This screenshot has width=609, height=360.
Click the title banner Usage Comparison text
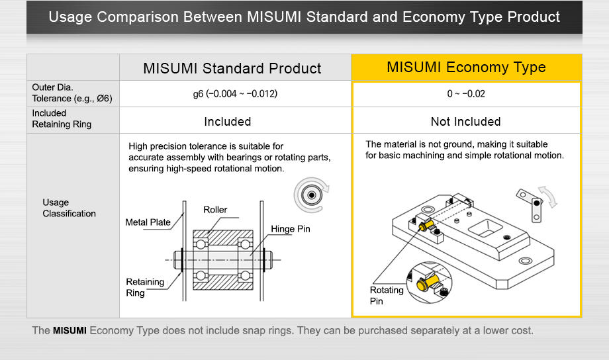click(x=304, y=17)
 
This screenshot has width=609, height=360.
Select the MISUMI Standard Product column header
click(x=232, y=68)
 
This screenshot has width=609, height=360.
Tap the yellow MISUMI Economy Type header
click(x=466, y=67)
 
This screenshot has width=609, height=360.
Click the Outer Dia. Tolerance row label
click(x=72, y=93)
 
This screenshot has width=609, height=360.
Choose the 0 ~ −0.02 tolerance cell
click(x=466, y=94)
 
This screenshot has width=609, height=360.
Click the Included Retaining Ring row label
click(x=62, y=119)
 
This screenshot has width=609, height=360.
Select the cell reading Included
click(x=227, y=122)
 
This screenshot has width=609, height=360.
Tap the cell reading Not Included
click(x=466, y=122)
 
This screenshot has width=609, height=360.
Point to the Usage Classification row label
click(x=69, y=208)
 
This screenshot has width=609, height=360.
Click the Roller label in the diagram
click(x=215, y=210)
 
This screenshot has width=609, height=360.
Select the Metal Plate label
click(x=148, y=222)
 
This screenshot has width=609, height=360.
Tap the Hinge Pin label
click(x=290, y=230)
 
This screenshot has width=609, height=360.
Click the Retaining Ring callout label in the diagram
click(x=144, y=287)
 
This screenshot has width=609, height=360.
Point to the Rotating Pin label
click(x=387, y=295)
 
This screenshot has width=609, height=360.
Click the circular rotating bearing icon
click(x=309, y=195)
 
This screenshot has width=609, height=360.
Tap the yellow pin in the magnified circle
click(x=426, y=283)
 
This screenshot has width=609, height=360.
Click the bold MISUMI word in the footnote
click(x=70, y=330)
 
